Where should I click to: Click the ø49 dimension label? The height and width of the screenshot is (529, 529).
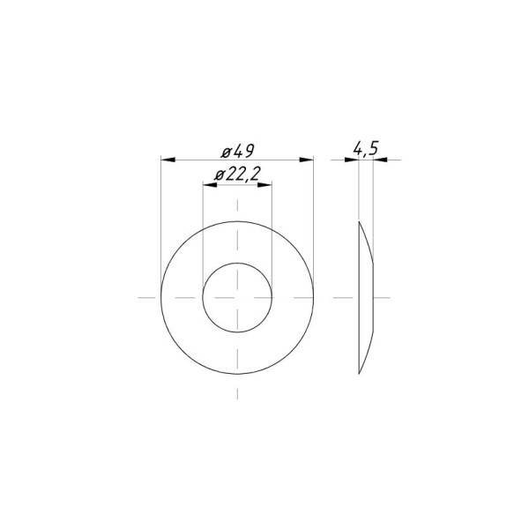[x=237, y=151]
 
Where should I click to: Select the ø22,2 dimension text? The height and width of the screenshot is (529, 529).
[x=238, y=175]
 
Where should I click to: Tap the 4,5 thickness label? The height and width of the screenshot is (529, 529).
[x=366, y=149]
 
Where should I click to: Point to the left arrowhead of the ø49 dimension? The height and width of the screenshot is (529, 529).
[x=168, y=160]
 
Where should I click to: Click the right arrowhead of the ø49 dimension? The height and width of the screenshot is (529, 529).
[x=306, y=160]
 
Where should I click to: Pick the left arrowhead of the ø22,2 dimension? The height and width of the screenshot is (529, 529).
[x=210, y=185]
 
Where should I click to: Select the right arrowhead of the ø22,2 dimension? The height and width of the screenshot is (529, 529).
[x=264, y=185]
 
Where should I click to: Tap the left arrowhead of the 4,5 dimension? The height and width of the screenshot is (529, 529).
[x=352, y=160]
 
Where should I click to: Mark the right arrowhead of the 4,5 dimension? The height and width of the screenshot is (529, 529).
[x=380, y=160]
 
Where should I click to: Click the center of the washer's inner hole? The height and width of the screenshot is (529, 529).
[x=237, y=298]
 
